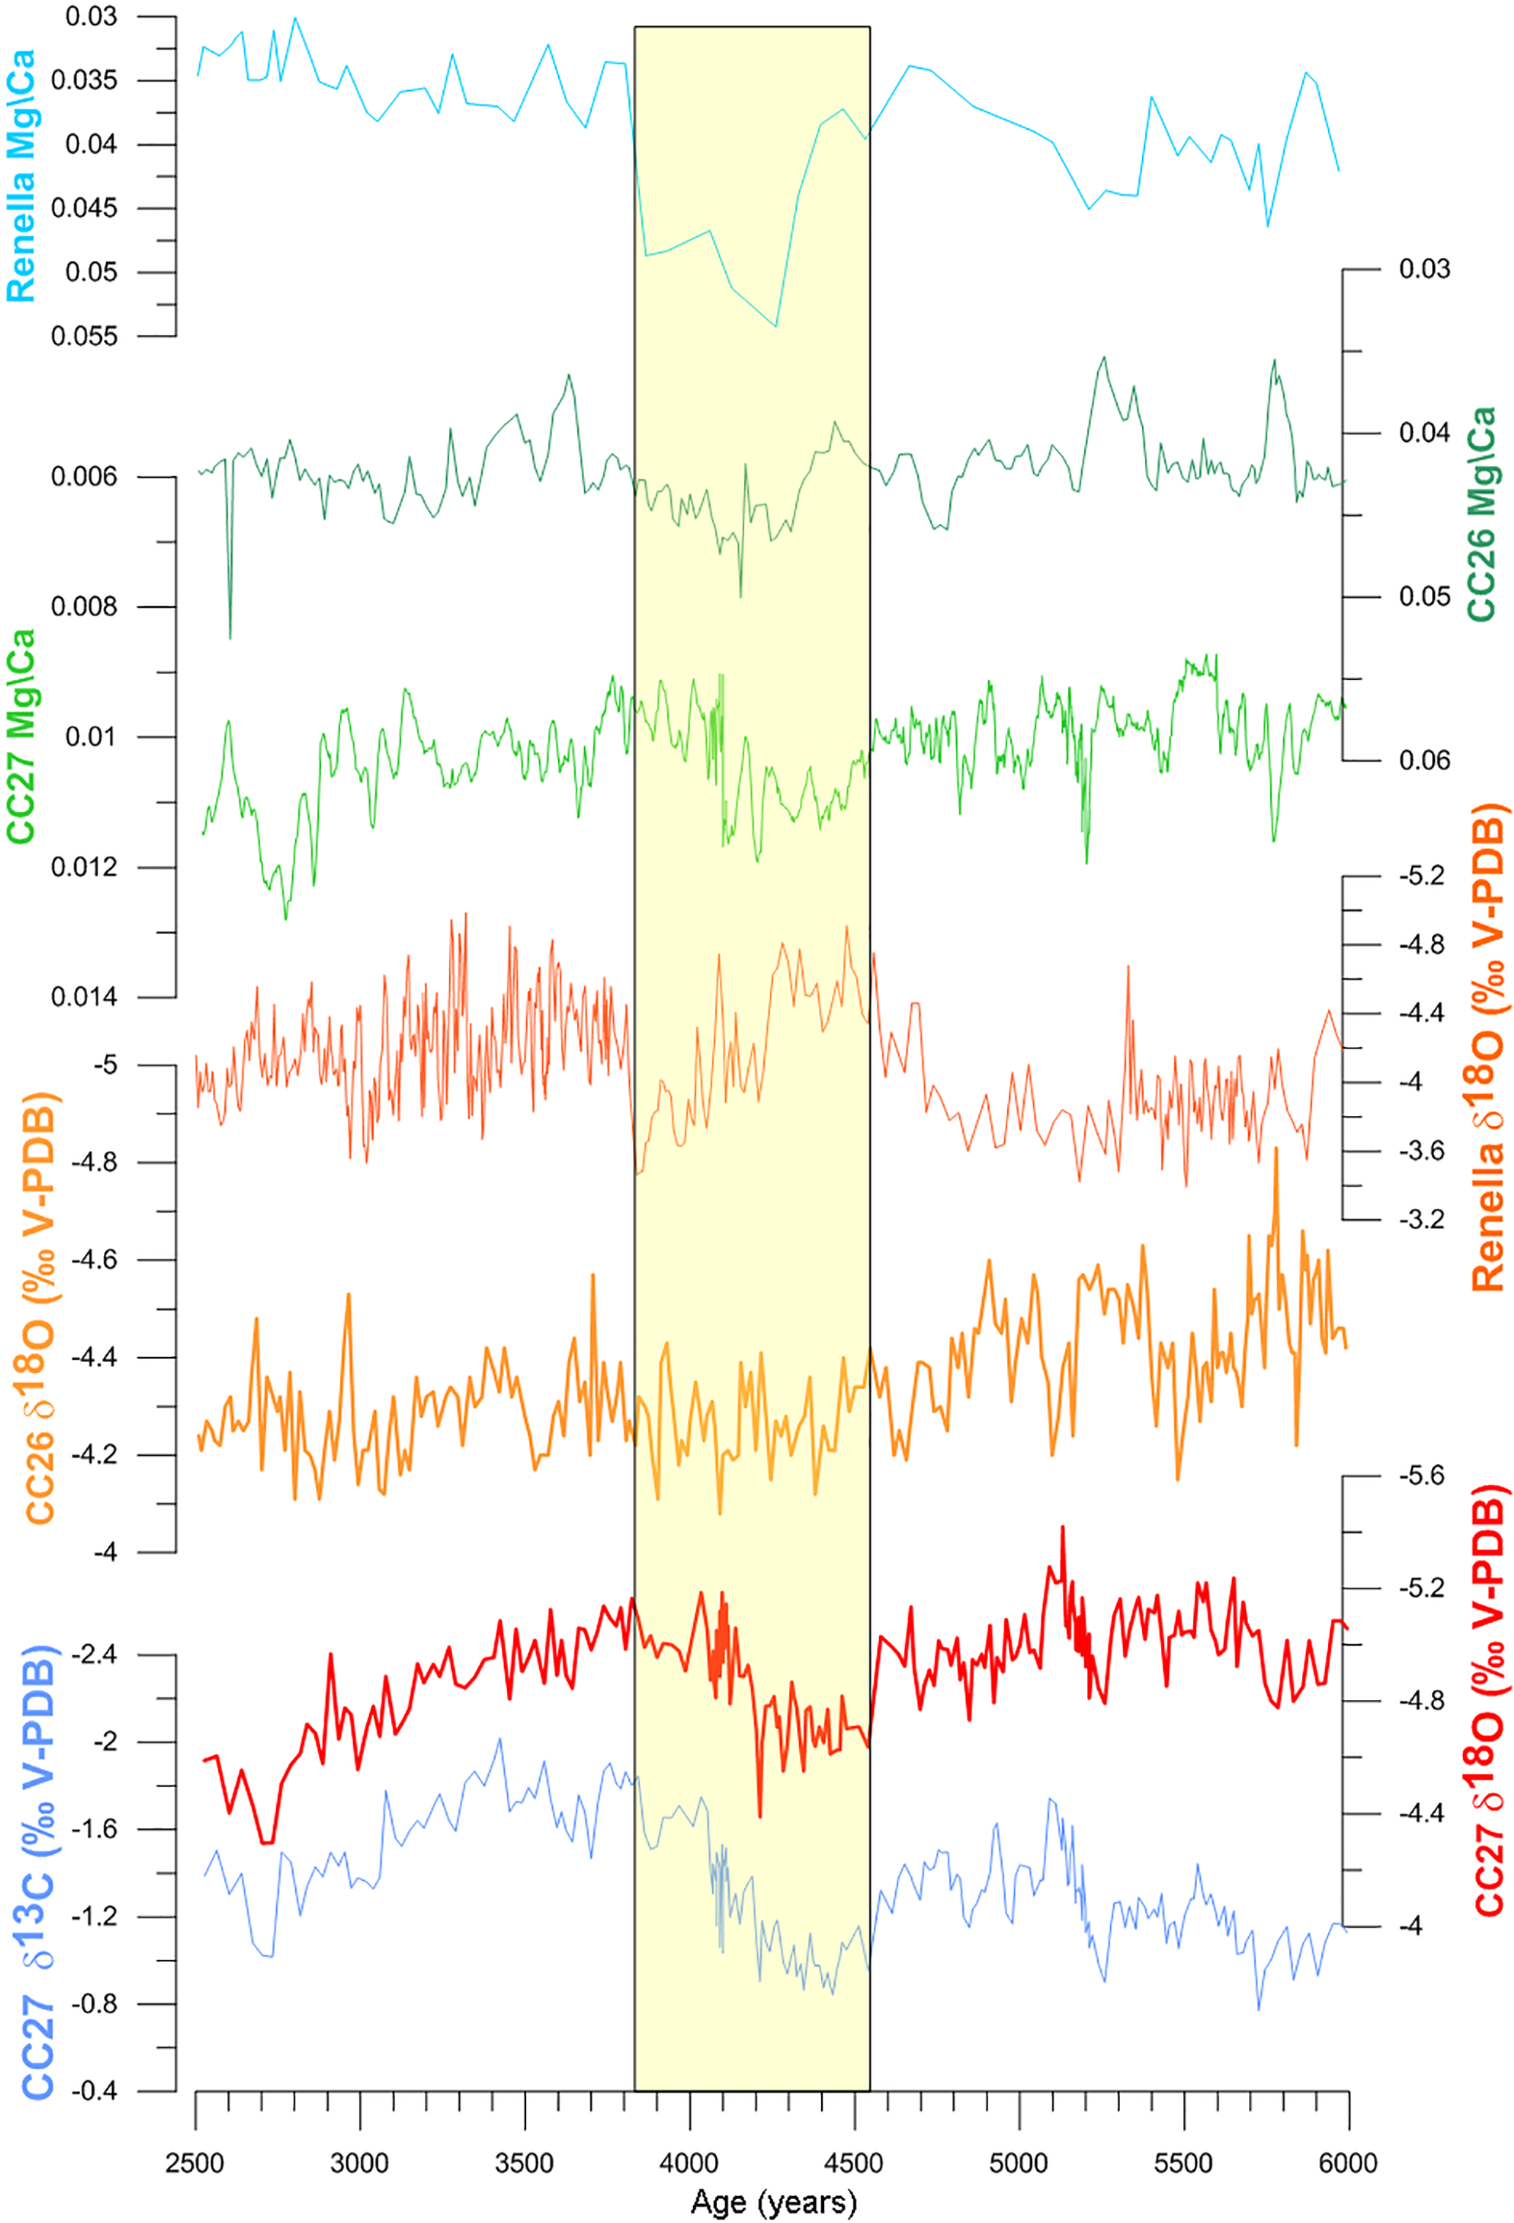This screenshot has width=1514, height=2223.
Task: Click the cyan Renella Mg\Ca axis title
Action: click(21, 177)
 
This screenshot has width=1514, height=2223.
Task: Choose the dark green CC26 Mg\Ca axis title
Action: click(1480, 514)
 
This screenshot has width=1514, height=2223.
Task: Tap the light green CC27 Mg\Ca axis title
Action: click(21, 736)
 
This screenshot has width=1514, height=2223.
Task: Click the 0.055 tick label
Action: click(84, 337)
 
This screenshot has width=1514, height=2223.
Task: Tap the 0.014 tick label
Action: click(84, 996)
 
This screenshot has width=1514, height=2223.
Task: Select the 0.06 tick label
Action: click(1424, 761)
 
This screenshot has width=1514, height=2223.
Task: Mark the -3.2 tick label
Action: click(1422, 1220)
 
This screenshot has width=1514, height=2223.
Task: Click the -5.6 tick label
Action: click(1422, 1476)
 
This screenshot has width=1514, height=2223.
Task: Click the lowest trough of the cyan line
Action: click(776, 326)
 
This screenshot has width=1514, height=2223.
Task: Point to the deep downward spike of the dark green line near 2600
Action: click(229, 637)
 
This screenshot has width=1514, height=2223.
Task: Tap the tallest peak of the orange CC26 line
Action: click(1276, 1148)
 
